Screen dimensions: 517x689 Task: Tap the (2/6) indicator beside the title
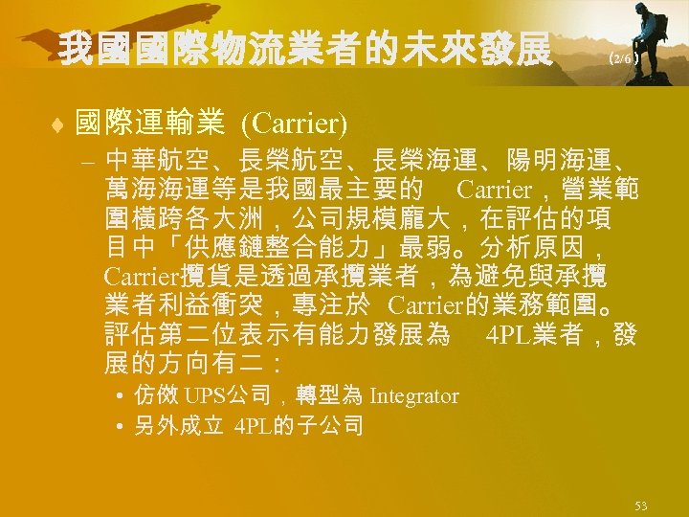click(623, 58)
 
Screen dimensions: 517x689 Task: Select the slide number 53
click(640, 505)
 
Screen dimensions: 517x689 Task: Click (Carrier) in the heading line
click(294, 123)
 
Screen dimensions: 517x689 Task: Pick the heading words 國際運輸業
click(149, 123)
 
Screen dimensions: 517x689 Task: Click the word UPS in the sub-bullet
click(201, 395)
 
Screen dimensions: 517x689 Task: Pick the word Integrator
click(413, 395)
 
